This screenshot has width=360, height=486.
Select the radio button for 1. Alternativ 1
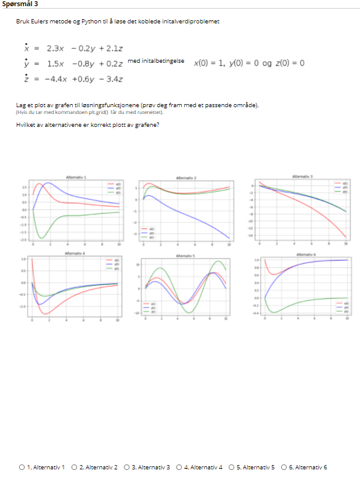(22, 467)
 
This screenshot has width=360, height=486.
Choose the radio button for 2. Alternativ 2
(75, 467)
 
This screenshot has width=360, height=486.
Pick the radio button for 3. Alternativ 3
(127, 467)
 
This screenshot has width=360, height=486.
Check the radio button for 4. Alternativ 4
(179, 467)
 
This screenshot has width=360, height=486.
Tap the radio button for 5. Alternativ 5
(232, 467)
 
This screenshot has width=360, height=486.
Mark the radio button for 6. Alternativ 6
(284, 467)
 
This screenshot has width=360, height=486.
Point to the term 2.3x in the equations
(55, 48)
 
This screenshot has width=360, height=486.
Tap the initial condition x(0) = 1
(209, 63)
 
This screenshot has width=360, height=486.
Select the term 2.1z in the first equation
(115, 48)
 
